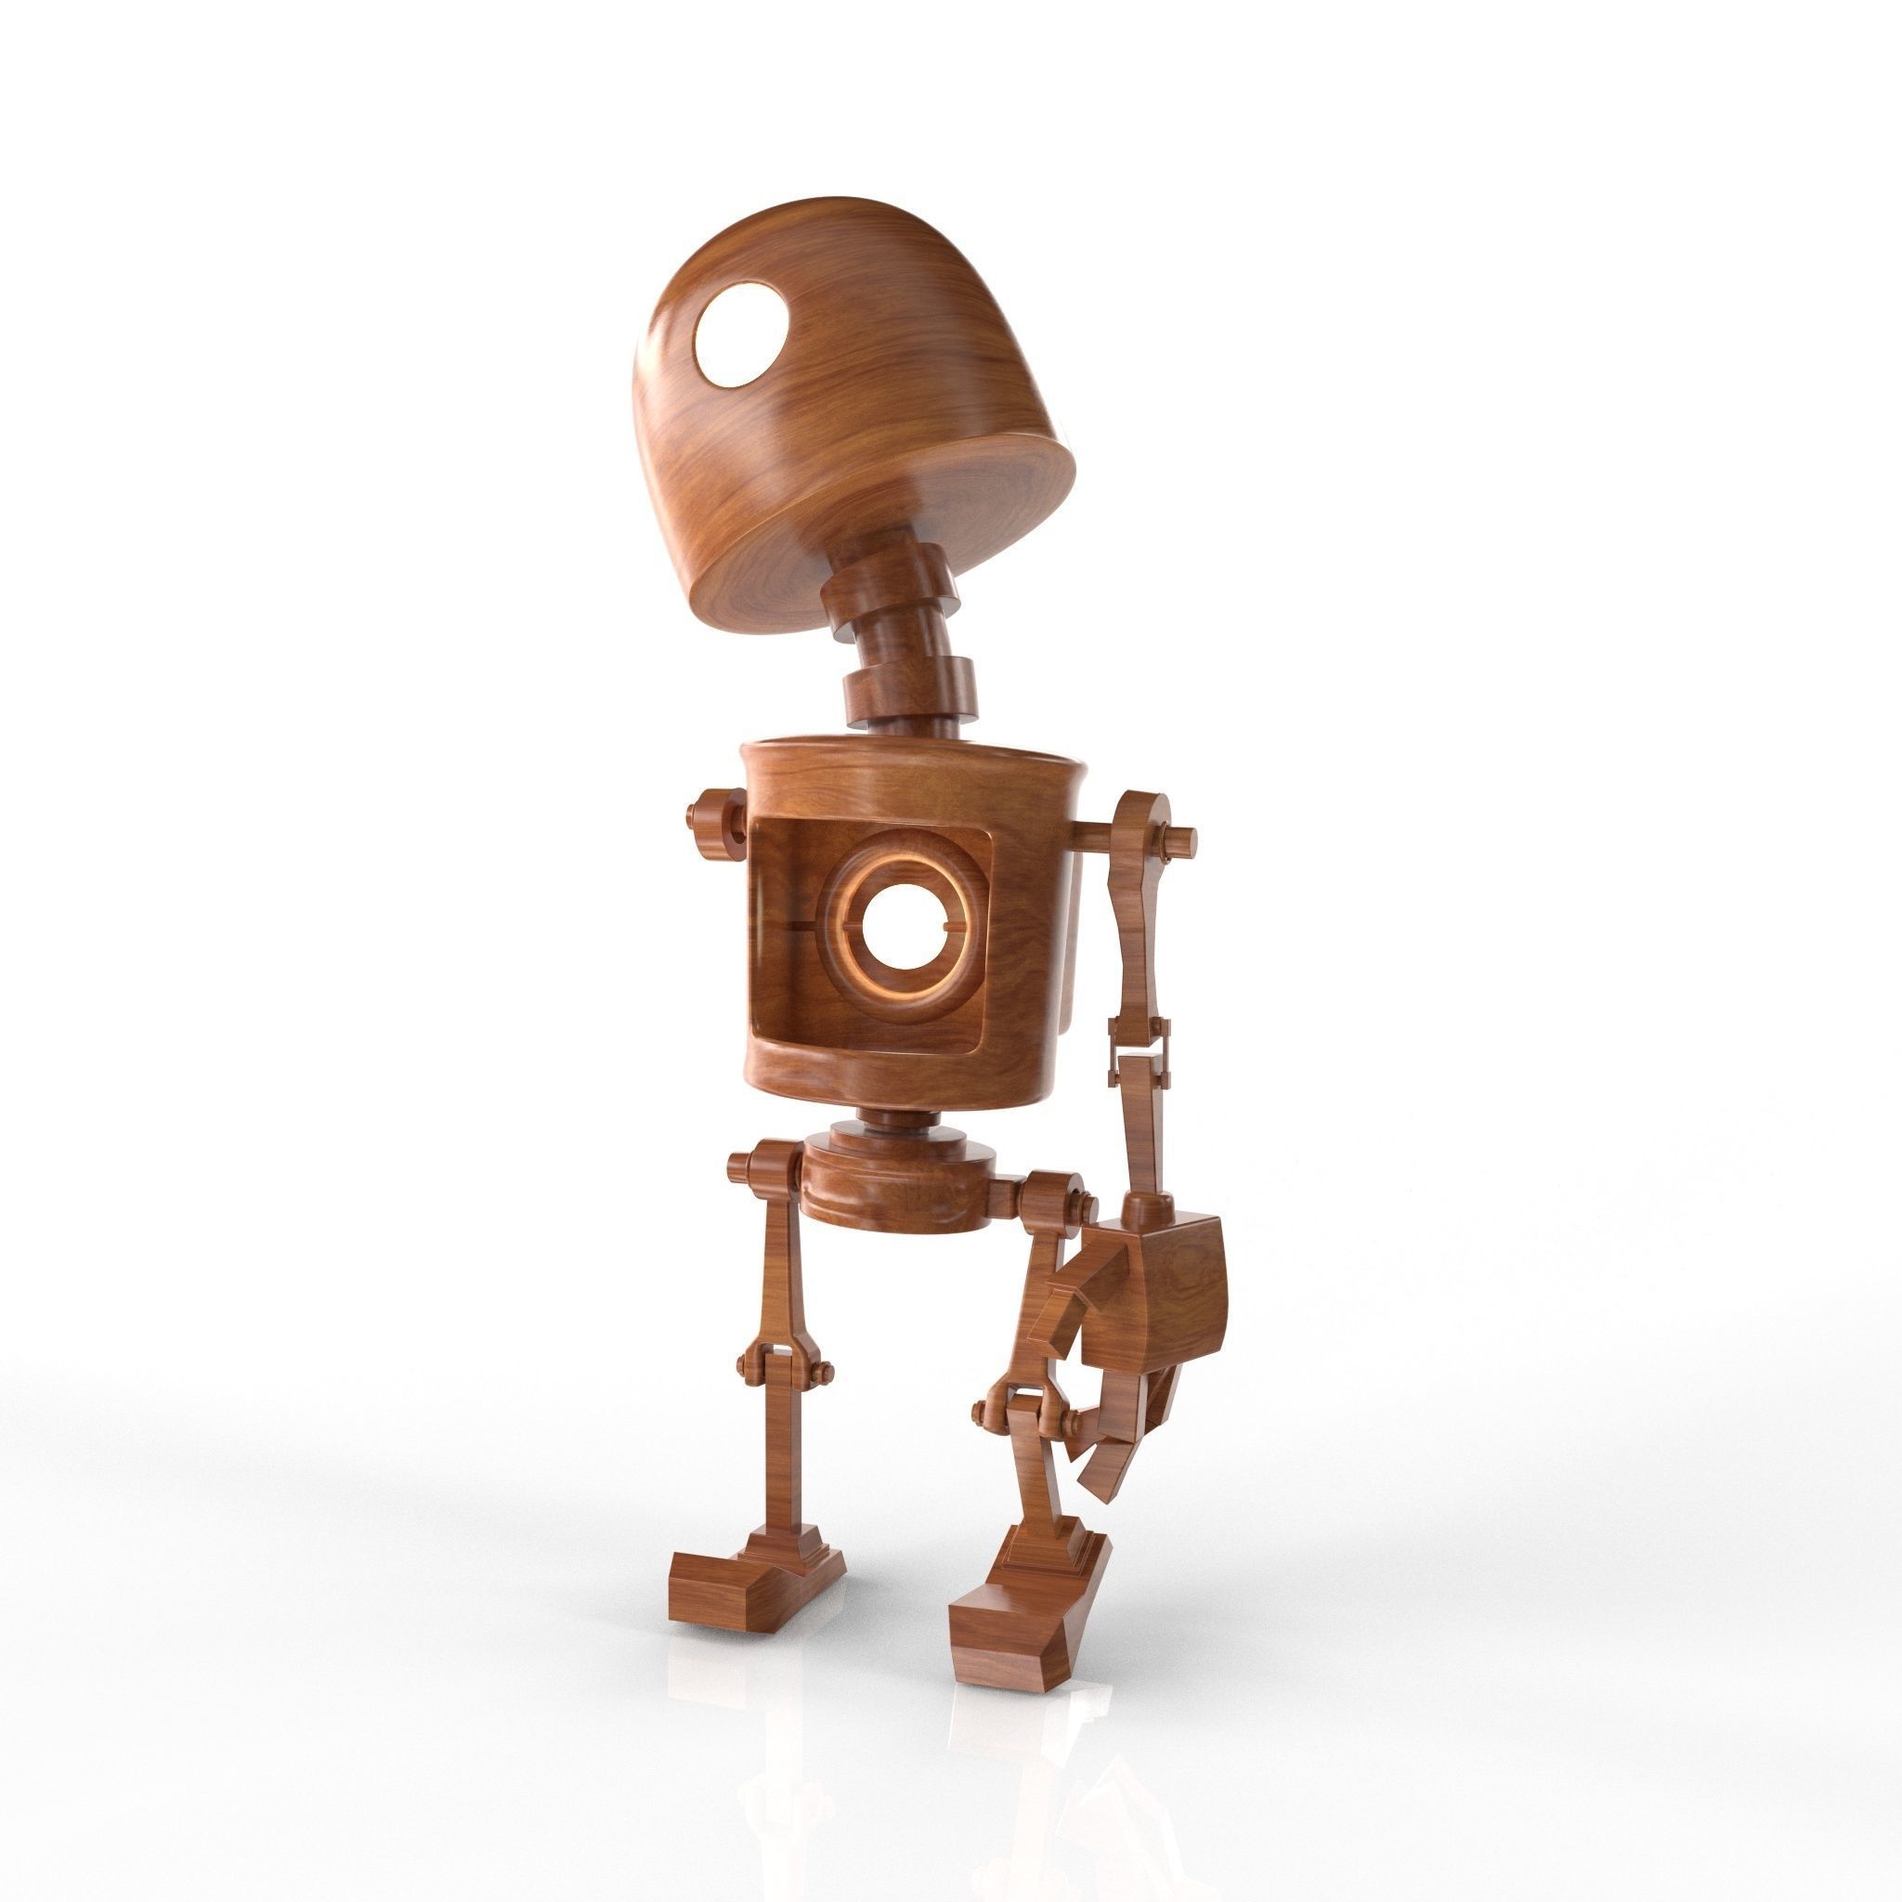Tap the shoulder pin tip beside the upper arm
[1182, 840]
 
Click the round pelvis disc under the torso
[896, 1186]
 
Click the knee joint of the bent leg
[1023, 1413]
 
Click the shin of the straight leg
[787, 1466]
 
